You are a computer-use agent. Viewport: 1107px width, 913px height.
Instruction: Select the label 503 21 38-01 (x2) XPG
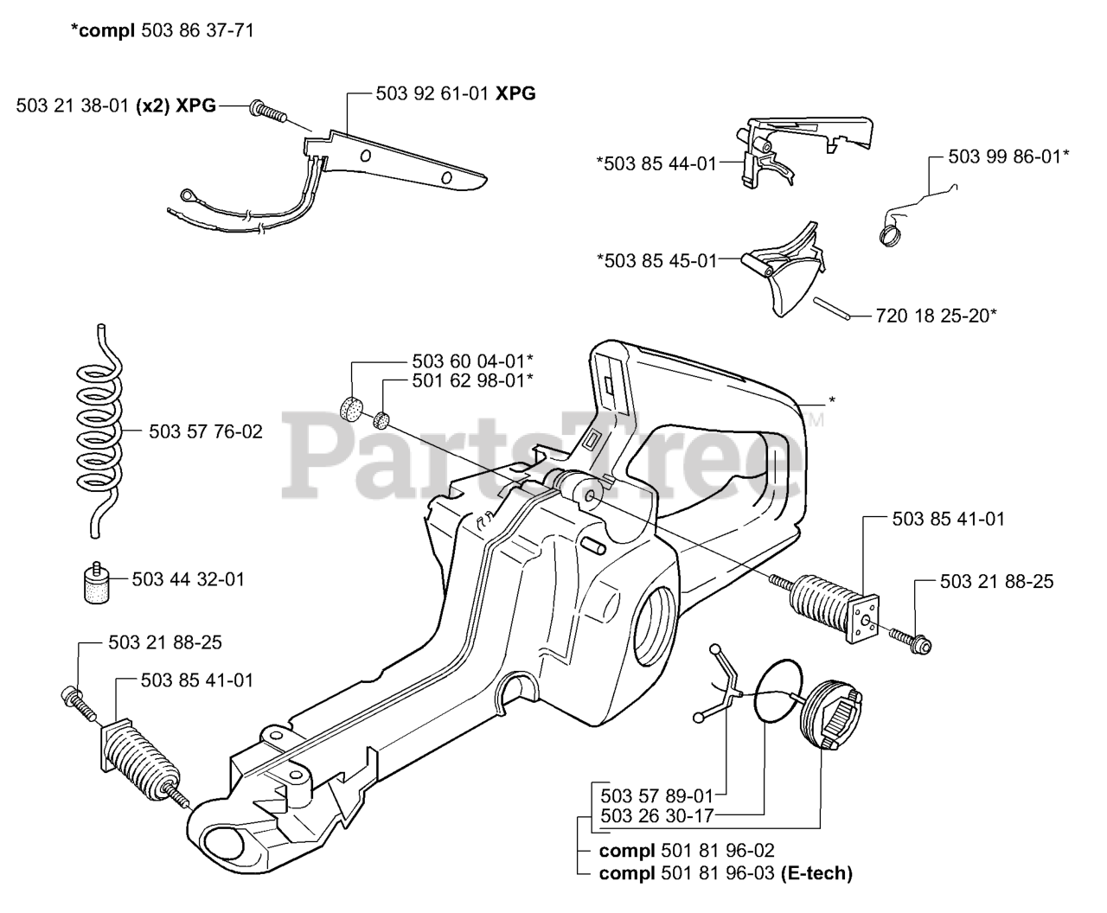point(116,105)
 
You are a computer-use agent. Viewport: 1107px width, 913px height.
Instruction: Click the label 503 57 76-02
point(206,431)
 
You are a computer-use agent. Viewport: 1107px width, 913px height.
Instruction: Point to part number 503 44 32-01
point(188,578)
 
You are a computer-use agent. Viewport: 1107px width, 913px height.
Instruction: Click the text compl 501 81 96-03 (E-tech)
point(725,873)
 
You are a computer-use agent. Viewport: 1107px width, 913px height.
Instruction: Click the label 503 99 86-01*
point(1008,156)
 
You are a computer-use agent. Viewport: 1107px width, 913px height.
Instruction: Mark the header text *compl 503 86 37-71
point(163,30)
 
